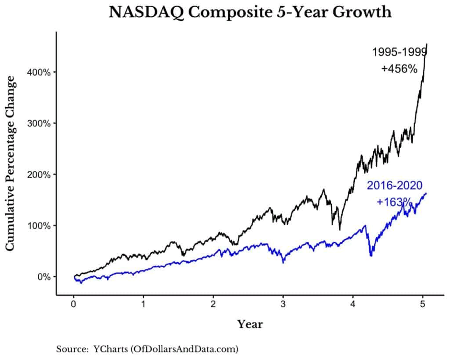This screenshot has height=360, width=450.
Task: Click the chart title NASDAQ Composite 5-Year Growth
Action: [250, 12]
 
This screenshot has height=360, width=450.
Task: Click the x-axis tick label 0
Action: [74, 304]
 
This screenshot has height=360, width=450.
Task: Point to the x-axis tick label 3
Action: [283, 304]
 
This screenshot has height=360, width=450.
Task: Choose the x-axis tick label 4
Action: [353, 304]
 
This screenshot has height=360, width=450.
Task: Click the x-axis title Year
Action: [250, 325]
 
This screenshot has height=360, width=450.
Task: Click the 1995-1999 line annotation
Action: [399, 53]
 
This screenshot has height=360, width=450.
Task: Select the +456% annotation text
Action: [399, 69]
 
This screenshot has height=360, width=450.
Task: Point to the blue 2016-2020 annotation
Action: [394, 186]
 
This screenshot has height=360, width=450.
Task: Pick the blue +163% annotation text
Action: [394, 202]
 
